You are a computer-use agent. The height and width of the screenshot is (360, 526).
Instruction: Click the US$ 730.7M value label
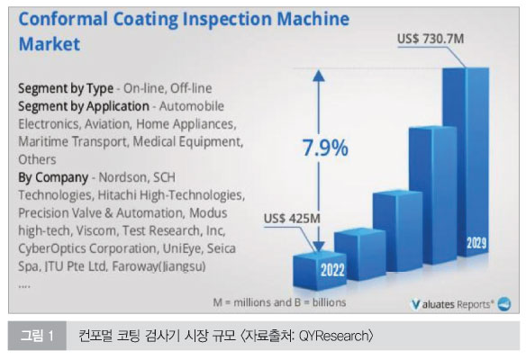[x=431, y=39]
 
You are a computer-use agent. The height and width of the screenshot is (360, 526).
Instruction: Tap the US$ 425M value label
[x=292, y=219]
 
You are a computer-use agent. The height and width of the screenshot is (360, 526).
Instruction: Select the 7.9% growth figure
[x=325, y=148]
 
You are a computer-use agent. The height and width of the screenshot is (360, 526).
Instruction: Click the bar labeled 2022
[x=320, y=270]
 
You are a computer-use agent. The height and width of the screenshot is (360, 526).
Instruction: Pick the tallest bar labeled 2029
[x=467, y=162]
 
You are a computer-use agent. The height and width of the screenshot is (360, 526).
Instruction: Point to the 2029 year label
[x=476, y=243]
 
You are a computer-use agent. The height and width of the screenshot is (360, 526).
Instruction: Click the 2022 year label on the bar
[x=332, y=270]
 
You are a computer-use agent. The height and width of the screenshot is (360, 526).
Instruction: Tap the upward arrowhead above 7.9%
[x=319, y=76]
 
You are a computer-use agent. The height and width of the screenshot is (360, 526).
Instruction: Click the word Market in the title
[x=50, y=44]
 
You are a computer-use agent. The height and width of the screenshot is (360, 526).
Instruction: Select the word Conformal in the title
[x=63, y=19]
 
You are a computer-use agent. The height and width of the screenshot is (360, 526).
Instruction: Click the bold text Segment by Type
[x=66, y=88]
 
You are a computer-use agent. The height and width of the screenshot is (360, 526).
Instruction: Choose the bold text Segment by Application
[x=84, y=106]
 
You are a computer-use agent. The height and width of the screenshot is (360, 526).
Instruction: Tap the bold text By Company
[x=53, y=177]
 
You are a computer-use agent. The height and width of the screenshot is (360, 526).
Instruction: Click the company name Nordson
[x=122, y=177]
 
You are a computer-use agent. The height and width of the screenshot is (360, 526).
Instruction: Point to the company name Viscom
[x=96, y=230]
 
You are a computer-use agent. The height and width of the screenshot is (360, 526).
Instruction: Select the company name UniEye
[x=183, y=248]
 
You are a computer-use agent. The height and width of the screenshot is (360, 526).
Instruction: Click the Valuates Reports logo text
[x=453, y=304]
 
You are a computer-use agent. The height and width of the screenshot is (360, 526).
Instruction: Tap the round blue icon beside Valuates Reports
[x=503, y=304]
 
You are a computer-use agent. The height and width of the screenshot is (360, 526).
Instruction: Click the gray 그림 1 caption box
[x=37, y=336]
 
